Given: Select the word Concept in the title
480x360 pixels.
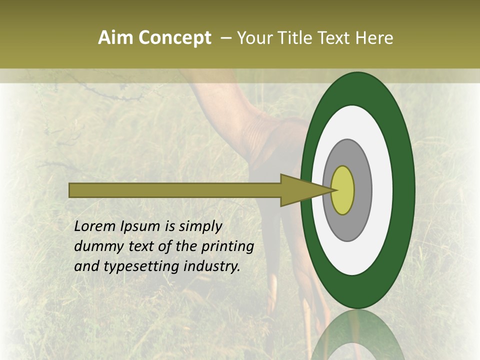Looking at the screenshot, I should pyautogui.click(x=175, y=38).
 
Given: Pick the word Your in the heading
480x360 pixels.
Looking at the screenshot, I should pyautogui.click(x=253, y=38).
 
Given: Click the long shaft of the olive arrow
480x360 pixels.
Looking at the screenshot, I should pyautogui.click(x=175, y=190).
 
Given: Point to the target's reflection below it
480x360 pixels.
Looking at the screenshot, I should pyautogui.click(x=358, y=335).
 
